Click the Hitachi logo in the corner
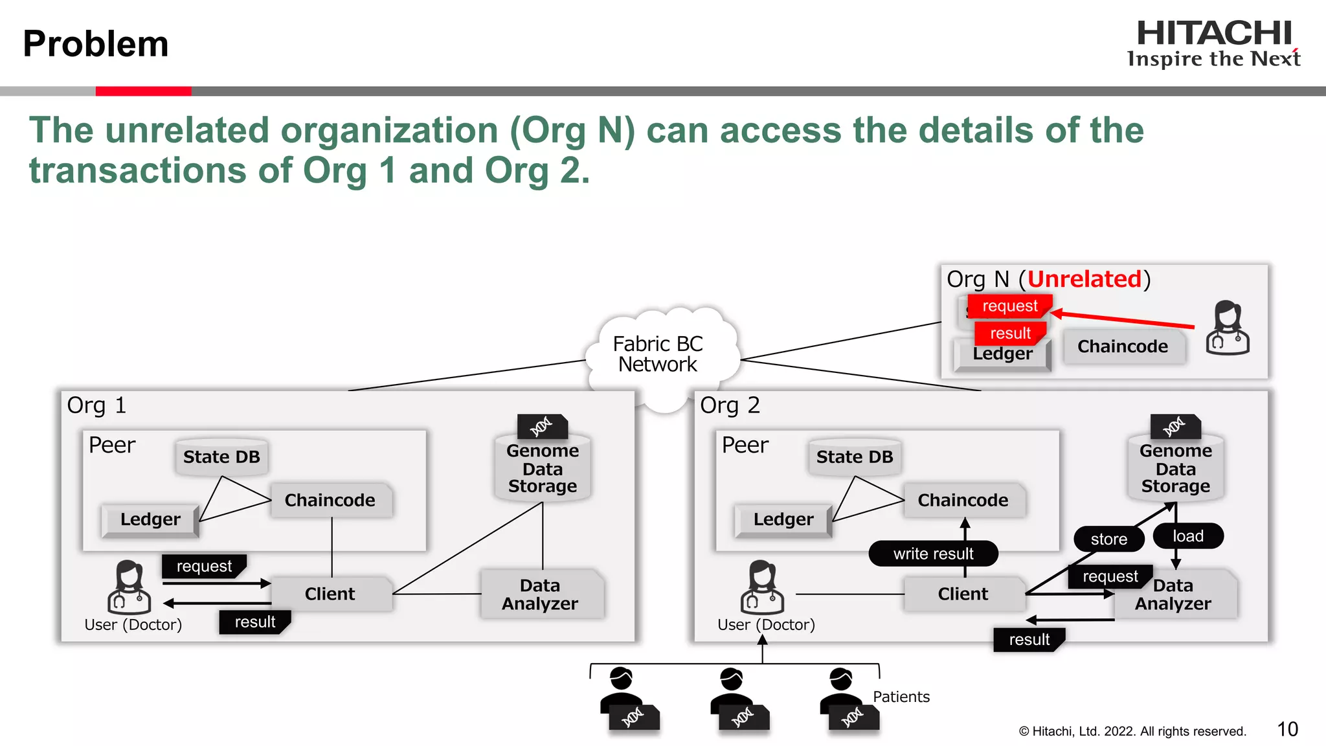coord(1213,43)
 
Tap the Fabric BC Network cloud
coord(658,355)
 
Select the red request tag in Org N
coord(1009,306)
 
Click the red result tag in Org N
coord(1010,333)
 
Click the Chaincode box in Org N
coord(1123,346)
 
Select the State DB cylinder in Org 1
coord(221,457)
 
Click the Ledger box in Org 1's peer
coord(150,519)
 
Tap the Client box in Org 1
coord(330,594)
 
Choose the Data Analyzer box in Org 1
coord(540,594)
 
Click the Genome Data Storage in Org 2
coord(1175,468)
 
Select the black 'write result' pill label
coord(933,554)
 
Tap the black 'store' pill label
coord(1108,539)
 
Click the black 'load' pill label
coord(1188,536)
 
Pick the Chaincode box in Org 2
coord(963,500)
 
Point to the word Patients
coord(901,697)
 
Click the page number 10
coord(1287,729)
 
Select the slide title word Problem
coord(96,44)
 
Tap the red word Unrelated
coord(1084,279)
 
